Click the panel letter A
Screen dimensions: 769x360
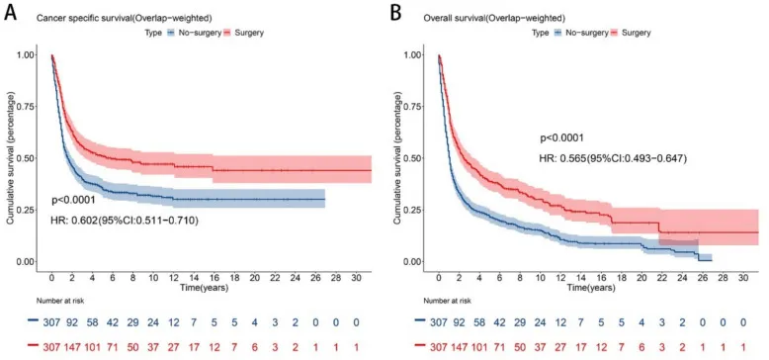[11, 13]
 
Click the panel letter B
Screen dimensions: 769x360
[395, 13]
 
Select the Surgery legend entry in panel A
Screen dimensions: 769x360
[244, 33]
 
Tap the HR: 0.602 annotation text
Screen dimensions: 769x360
[125, 222]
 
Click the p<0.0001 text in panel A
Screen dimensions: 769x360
[73, 201]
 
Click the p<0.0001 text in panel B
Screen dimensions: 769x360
[561, 137]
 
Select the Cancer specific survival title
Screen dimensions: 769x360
[124, 18]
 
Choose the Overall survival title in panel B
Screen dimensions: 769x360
[495, 18]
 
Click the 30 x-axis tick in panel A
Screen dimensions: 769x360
[357, 278]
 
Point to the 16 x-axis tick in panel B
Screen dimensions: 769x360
[601, 278]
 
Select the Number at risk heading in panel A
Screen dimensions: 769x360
[60, 300]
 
